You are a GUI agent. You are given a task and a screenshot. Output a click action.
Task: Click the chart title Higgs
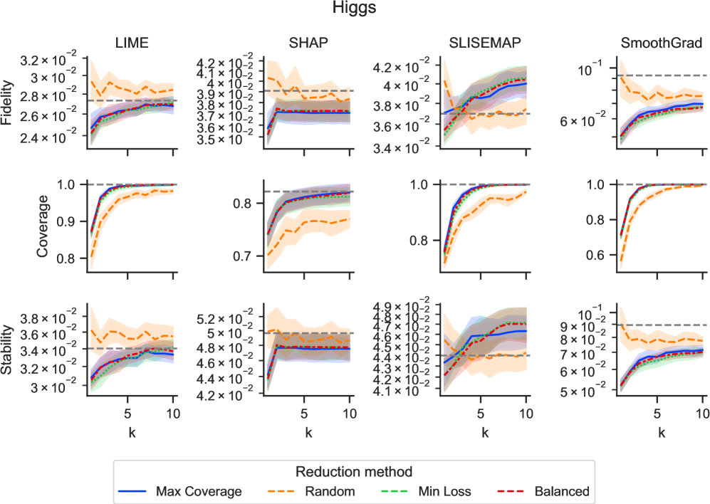(355, 9)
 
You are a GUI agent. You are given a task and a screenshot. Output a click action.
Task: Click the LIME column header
(132, 43)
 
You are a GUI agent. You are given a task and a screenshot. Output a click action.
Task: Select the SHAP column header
(308, 43)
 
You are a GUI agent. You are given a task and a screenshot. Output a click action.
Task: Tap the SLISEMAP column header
(484, 43)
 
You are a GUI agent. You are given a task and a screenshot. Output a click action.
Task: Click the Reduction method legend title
(355, 471)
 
